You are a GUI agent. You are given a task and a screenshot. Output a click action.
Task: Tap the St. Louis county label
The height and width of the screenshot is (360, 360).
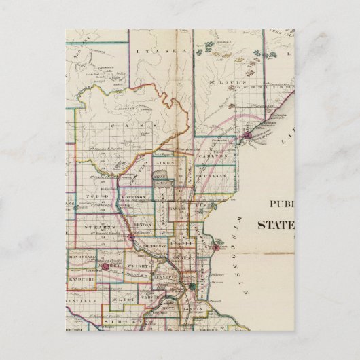point(220,84)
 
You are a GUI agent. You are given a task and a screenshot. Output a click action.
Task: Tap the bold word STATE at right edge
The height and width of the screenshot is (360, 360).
point(275,225)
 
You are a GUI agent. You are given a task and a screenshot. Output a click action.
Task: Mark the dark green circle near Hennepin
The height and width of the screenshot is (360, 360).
point(192,287)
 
